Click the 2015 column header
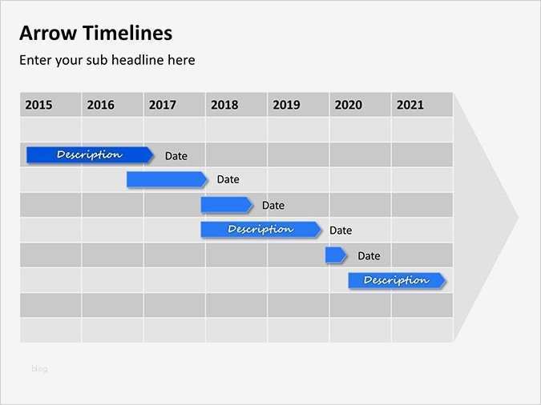[x=38, y=105]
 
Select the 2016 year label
[x=100, y=105]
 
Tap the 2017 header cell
[x=163, y=105]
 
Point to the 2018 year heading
[x=224, y=105]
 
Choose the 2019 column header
[x=286, y=105]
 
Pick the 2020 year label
[x=348, y=105]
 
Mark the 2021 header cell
[x=410, y=105]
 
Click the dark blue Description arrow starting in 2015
[x=89, y=154]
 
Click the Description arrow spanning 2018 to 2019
[x=260, y=230]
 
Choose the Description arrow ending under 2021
[x=396, y=280]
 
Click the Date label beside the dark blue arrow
[x=176, y=156]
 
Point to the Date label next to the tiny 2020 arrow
[x=369, y=256]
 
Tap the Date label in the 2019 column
[x=273, y=206]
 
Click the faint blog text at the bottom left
[x=39, y=369]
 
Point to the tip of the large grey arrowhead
[x=517, y=216]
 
